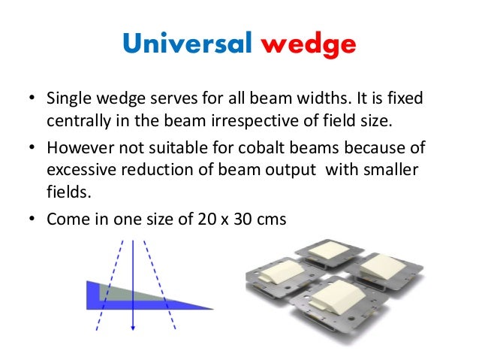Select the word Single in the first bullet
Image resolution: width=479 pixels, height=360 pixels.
tap(65, 99)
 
